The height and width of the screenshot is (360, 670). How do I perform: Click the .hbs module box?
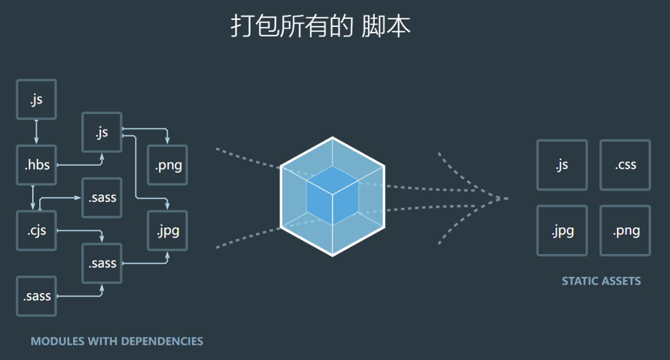coord(37,165)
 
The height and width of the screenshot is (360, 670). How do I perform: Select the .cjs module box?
coord(37,230)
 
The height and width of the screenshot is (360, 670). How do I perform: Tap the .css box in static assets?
coord(625,165)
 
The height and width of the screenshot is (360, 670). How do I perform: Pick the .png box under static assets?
coord(625,230)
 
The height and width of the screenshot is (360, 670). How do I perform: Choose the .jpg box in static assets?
coord(562,230)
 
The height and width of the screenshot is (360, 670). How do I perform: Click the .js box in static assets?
coord(562,165)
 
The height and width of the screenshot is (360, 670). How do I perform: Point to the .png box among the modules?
coord(168,165)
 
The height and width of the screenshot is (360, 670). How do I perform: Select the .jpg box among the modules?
coord(168,230)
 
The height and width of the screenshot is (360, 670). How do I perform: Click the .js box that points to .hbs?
coord(37,100)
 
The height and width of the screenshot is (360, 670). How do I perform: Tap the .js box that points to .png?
coord(102,132)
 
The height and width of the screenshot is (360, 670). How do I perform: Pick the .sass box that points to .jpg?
coord(102,263)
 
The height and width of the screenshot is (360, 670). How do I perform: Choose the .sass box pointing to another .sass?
coord(37,297)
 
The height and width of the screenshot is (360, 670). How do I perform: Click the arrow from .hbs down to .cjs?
coord(33,197)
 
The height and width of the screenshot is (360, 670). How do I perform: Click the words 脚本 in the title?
coord(386,26)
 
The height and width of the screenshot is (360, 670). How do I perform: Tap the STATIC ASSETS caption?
coord(601,281)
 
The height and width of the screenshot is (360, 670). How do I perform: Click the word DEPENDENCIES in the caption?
coord(162,342)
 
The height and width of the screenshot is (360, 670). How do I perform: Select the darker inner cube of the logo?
coord(332,195)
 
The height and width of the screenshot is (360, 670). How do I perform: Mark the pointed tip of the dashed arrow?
coord(508,199)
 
